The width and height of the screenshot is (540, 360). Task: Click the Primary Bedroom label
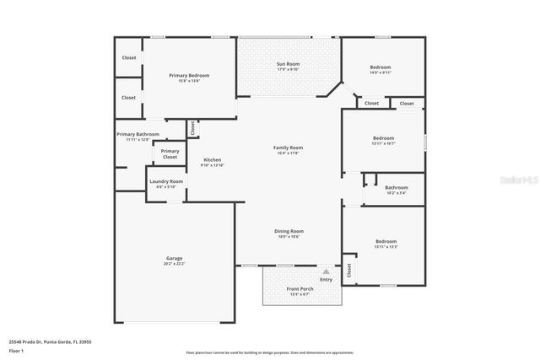coord(189,76)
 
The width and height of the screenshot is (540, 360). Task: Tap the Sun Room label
coord(289,64)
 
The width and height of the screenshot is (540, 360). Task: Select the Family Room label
coord(288,148)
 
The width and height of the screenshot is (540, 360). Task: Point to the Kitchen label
coord(212,160)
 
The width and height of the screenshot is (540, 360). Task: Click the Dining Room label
coord(289,231)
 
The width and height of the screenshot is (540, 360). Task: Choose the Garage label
coord(174,259)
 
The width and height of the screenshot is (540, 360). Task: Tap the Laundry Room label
coord(166,181)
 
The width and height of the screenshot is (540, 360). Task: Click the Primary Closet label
coord(170,153)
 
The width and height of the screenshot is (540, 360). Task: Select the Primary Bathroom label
coord(138,135)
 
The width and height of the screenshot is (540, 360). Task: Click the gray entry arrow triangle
coord(326,271)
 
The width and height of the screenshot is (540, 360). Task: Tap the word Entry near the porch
coord(326,279)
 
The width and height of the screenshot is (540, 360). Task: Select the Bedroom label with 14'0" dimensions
coord(381,67)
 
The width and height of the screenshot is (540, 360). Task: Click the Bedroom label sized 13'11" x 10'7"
coord(384,138)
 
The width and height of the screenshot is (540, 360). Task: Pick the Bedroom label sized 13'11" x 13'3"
coord(386,242)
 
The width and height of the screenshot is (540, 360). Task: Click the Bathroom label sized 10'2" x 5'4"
coord(396,187)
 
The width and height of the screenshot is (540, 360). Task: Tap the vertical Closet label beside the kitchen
coord(192,128)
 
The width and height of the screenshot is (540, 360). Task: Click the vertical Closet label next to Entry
coord(348,270)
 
